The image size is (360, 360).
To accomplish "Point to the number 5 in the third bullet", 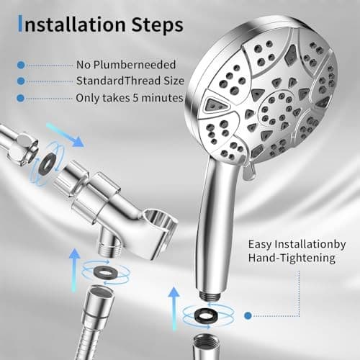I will [140, 97].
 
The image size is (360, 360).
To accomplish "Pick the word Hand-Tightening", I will [286, 257].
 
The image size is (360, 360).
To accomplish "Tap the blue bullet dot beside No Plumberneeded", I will [20, 65].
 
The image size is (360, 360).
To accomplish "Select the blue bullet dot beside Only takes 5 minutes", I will [20, 97].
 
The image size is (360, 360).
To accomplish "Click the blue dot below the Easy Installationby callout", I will [247, 315].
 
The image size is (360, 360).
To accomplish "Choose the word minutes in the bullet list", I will [164, 97].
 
